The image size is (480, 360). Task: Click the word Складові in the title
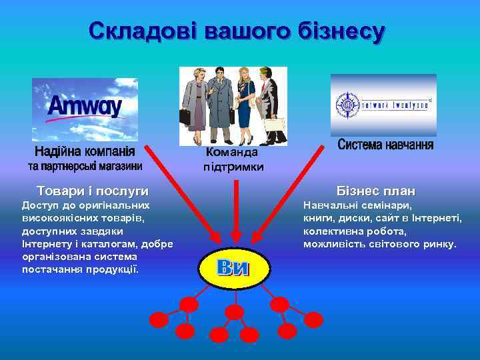tap(141, 31)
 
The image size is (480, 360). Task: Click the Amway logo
tap(85, 107)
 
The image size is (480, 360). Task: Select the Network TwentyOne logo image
tap(383, 105)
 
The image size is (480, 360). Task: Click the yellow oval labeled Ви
tap(233, 268)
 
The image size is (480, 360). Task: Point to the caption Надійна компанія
tap(85, 151)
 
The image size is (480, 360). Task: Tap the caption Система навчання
tap(385, 145)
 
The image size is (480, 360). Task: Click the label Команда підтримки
tap(233, 159)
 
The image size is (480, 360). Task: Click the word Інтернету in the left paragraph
tap(46, 243)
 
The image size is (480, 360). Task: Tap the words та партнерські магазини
tap(85, 165)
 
